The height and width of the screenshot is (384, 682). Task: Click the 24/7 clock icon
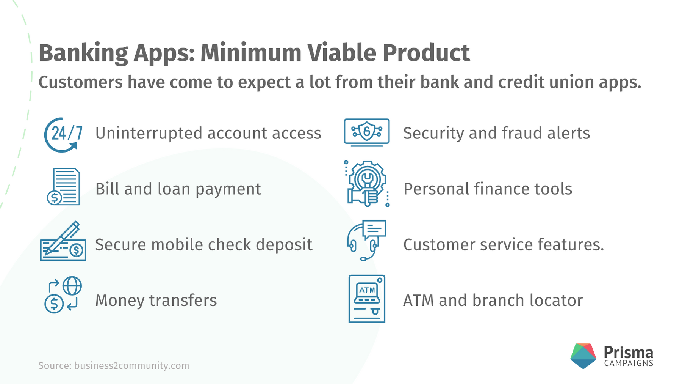[63, 135]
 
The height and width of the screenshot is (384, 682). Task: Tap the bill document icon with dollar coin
[63, 187]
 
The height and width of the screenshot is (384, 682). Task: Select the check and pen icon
[63, 241]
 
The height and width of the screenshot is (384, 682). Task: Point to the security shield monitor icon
[366, 132]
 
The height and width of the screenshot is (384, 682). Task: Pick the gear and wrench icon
[366, 184]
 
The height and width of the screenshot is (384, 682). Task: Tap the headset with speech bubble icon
[366, 240]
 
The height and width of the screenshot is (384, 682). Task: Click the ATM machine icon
[367, 299]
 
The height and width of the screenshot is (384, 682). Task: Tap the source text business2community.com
[131, 366]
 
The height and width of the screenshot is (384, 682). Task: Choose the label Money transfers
[156, 301]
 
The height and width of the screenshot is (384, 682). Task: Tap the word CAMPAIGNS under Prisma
[629, 363]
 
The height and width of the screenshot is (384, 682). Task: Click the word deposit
[284, 245]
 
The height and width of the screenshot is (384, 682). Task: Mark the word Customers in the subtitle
[81, 82]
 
